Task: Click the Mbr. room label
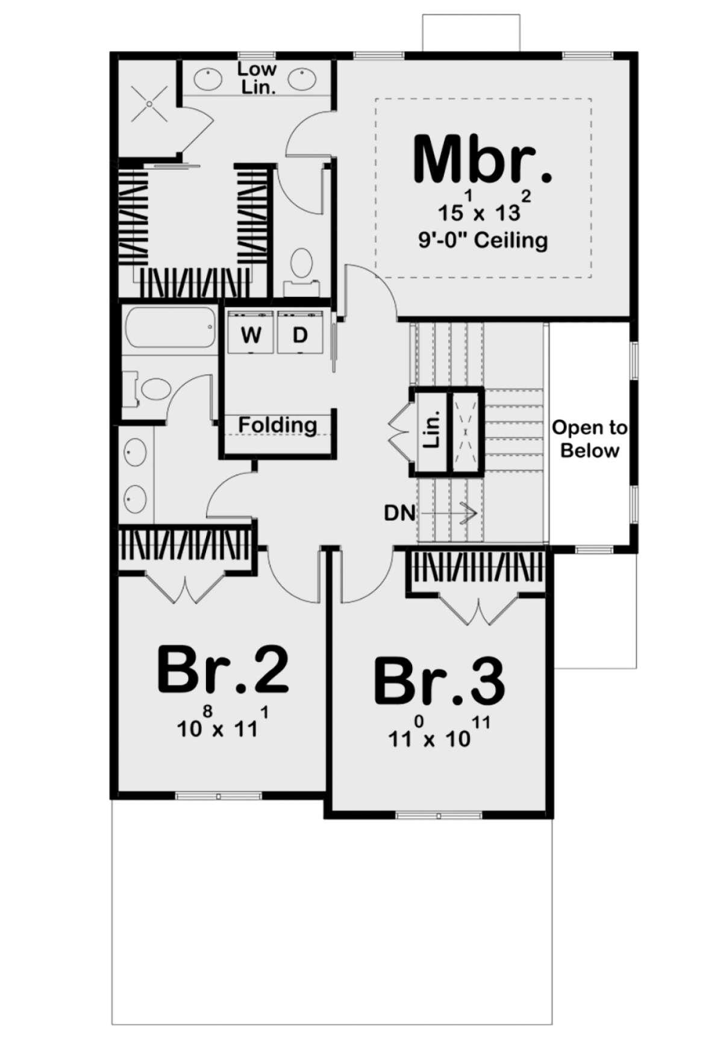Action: tap(482, 160)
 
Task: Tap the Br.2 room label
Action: tap(223, 670)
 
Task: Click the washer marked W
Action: tap(251, 334)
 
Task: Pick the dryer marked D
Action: tap(300, 334)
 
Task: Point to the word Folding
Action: tap(277, 425)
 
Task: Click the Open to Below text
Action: tap(589, 439)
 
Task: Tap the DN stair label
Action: tap(399, 513)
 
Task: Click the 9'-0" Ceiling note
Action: tap(483, 240)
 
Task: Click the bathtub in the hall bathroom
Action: tap(170, 328)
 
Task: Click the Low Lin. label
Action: tap(257, 78)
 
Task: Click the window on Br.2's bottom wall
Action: tap(219, 796)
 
